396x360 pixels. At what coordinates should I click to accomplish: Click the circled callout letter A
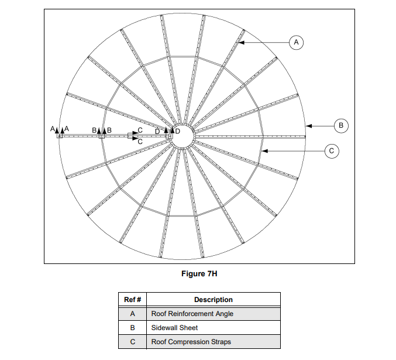coord(296,42)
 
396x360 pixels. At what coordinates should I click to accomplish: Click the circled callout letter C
coord(331,151)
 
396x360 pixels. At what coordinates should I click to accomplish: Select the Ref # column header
coord(132,300)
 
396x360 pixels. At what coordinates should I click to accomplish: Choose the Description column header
coord(213,300)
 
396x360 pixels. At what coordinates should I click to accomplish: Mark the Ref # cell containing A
coord(132,314)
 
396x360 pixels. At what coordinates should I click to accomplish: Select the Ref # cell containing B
coord(132,328)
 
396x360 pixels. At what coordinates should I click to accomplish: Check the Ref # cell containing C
coord(132,342)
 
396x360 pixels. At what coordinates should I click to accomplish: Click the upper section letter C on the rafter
coord(140,130)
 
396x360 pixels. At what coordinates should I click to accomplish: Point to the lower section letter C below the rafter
coord(140,142)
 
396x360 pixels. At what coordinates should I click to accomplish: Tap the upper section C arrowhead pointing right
coord(135,133)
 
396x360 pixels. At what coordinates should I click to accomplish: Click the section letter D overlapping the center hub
coord(177,131)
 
